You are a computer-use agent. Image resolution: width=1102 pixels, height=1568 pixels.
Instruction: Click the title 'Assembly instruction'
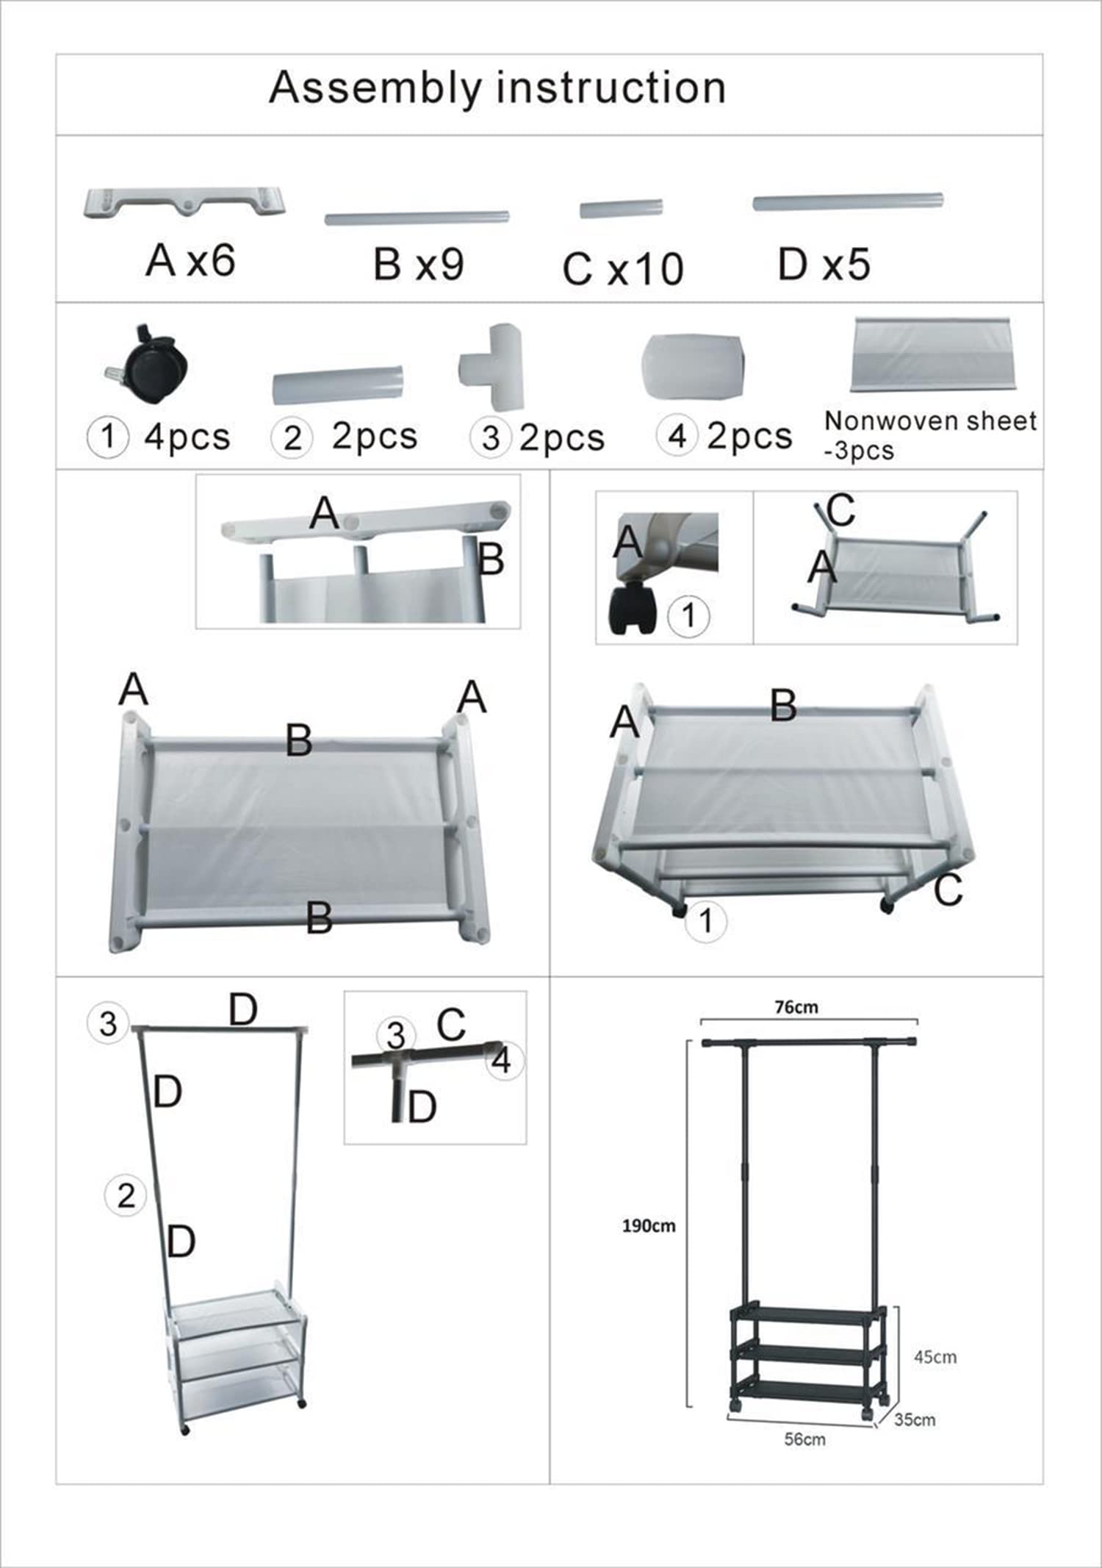coord(497,89)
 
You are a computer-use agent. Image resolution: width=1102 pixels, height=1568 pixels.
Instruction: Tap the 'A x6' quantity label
coord(190,260)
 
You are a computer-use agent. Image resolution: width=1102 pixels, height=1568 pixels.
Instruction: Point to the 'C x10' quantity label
coord(623,268)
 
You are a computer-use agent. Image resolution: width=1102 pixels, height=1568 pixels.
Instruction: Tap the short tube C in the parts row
coord(622,209)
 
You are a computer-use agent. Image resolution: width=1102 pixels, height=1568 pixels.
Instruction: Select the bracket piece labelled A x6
coord(184,203)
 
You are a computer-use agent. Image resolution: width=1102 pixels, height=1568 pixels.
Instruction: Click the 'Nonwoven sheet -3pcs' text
coord(930,434)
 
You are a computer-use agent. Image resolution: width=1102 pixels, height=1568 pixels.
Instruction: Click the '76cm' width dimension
coord(796,1007)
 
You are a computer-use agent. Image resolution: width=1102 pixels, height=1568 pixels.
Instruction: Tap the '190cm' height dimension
coord(649,1226)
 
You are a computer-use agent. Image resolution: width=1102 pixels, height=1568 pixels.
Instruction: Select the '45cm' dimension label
coord(935,1357)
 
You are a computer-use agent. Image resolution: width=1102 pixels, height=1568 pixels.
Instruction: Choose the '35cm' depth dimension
coord(915,1420)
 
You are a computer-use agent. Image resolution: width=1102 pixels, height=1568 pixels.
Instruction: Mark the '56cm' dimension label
coord(804,1439)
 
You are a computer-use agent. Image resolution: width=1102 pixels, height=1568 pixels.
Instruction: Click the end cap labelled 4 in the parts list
coord(693,367)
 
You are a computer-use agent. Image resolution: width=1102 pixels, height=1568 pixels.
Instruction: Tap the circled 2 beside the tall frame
coord(126,1195)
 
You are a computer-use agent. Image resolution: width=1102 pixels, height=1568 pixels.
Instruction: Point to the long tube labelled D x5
coord(848,202)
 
